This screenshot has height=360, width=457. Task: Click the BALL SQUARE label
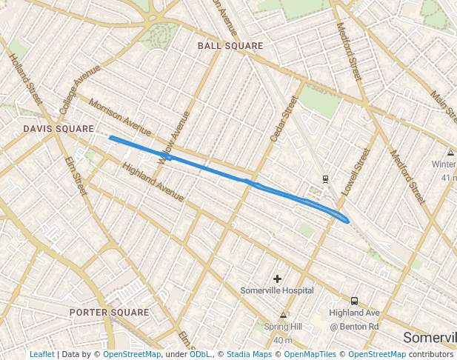(x=230, y=46)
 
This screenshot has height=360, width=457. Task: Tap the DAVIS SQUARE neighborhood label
(x=59, y=129)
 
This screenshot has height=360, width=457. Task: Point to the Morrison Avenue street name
(x=119, y=113)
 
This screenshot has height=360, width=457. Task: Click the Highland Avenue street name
(x=153, y=181)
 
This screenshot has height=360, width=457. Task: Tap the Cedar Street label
(x=283, y=119)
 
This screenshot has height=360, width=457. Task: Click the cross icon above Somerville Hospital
(x=277, y=279)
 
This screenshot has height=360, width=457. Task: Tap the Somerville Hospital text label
(x=277, y=291)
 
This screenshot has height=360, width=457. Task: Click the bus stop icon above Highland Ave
(x=354, y=301)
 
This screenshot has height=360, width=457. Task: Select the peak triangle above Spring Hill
(x=283, y=316)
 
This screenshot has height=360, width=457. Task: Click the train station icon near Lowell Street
(x=325, y=179)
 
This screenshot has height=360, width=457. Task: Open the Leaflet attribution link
(x=41, y=354)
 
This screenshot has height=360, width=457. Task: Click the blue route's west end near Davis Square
(x=110, y=137)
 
